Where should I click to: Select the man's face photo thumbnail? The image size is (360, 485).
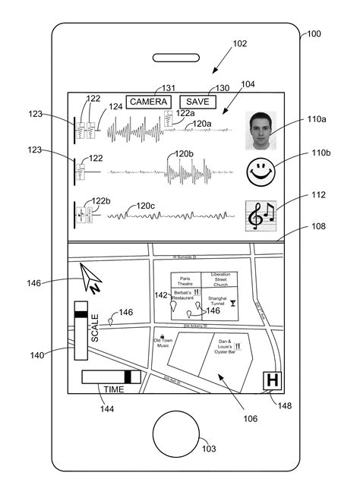[x=262, y=131]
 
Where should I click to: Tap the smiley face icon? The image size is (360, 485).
[x=261, y=173]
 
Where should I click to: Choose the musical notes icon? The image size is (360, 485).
[x=262, y=216]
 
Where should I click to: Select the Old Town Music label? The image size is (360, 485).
[x=163, y=343]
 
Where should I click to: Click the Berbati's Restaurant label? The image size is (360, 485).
[x=183, y=294]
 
